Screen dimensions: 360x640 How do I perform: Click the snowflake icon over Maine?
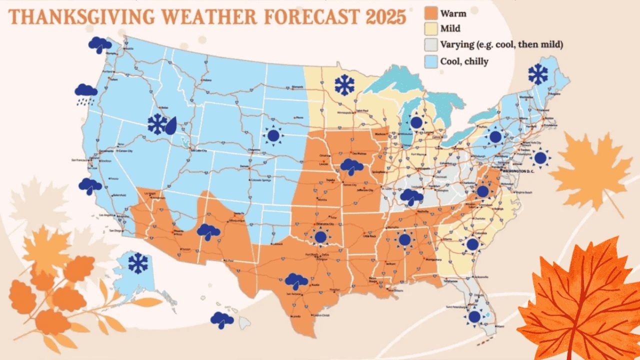tap(537, 74)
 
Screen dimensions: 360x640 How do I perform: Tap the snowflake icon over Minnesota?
tap(344, 85)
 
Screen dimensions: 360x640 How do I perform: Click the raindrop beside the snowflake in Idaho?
tap(171, 125)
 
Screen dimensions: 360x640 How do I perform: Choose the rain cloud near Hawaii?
tap(222, 319)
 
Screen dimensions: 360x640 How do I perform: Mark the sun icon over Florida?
tap(474, 316)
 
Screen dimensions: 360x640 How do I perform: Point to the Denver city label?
tap(244, 166)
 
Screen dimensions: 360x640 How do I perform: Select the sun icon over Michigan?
tap(416, 122)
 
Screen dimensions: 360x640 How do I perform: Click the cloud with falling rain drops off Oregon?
tap(86, 93)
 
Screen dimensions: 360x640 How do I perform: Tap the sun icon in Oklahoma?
tap(320, 236)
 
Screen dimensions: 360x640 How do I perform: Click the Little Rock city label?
tap(370, 236)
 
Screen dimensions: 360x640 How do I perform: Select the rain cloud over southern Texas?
tap(296, 281)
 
